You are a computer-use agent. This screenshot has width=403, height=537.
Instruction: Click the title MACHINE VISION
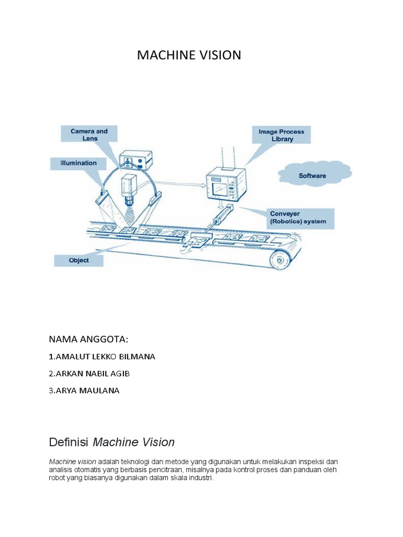coord(189,55)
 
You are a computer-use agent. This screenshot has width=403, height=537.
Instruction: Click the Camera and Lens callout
coord(89,135)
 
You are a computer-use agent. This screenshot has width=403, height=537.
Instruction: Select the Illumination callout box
coord(77,163)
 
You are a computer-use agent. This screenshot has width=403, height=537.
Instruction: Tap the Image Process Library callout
coord(281,135)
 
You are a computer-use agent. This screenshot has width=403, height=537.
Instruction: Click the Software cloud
coord(312,176)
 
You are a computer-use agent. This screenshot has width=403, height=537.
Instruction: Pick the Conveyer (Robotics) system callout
coord(298,217)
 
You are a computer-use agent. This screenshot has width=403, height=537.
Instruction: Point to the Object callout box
coord(79,260)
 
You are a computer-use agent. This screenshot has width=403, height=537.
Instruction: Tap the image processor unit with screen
coord(225,183)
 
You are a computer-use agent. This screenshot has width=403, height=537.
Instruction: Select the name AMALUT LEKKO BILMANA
coord(102,357)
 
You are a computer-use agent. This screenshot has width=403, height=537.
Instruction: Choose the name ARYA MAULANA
coord(84,390)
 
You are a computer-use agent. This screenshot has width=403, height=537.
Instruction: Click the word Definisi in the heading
coord(69,442)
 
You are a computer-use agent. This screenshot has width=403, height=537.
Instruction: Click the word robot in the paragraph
coord(57,478)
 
